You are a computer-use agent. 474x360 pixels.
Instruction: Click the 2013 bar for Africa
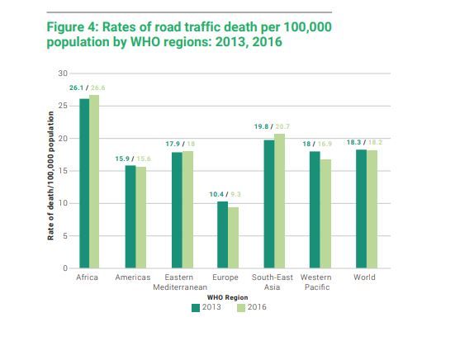[84, 183]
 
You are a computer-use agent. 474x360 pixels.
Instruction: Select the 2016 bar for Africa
[94, 182]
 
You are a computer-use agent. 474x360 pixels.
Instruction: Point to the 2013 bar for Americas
[130, 217]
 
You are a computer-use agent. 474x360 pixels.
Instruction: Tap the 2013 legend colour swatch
[196, 307]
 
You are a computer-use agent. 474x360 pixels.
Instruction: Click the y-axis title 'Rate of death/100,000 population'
[50, 175]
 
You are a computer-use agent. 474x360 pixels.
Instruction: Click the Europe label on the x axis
[225, 277]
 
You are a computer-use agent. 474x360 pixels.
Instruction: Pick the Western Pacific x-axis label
[317, 282]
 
